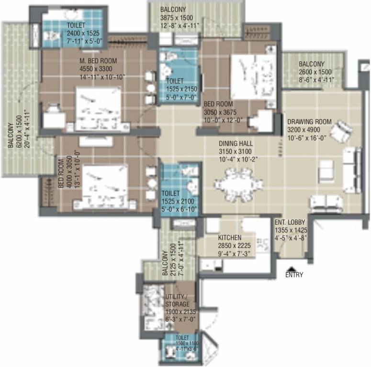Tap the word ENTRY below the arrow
click(294, 275)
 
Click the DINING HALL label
click(236, 143)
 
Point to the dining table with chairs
click(238, 184)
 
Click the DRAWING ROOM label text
click(309, 122)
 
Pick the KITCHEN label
click(230, 237)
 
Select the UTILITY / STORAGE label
click(178, 300)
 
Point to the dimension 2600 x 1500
click(312, 72)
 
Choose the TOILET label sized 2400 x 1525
click(77, 25)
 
